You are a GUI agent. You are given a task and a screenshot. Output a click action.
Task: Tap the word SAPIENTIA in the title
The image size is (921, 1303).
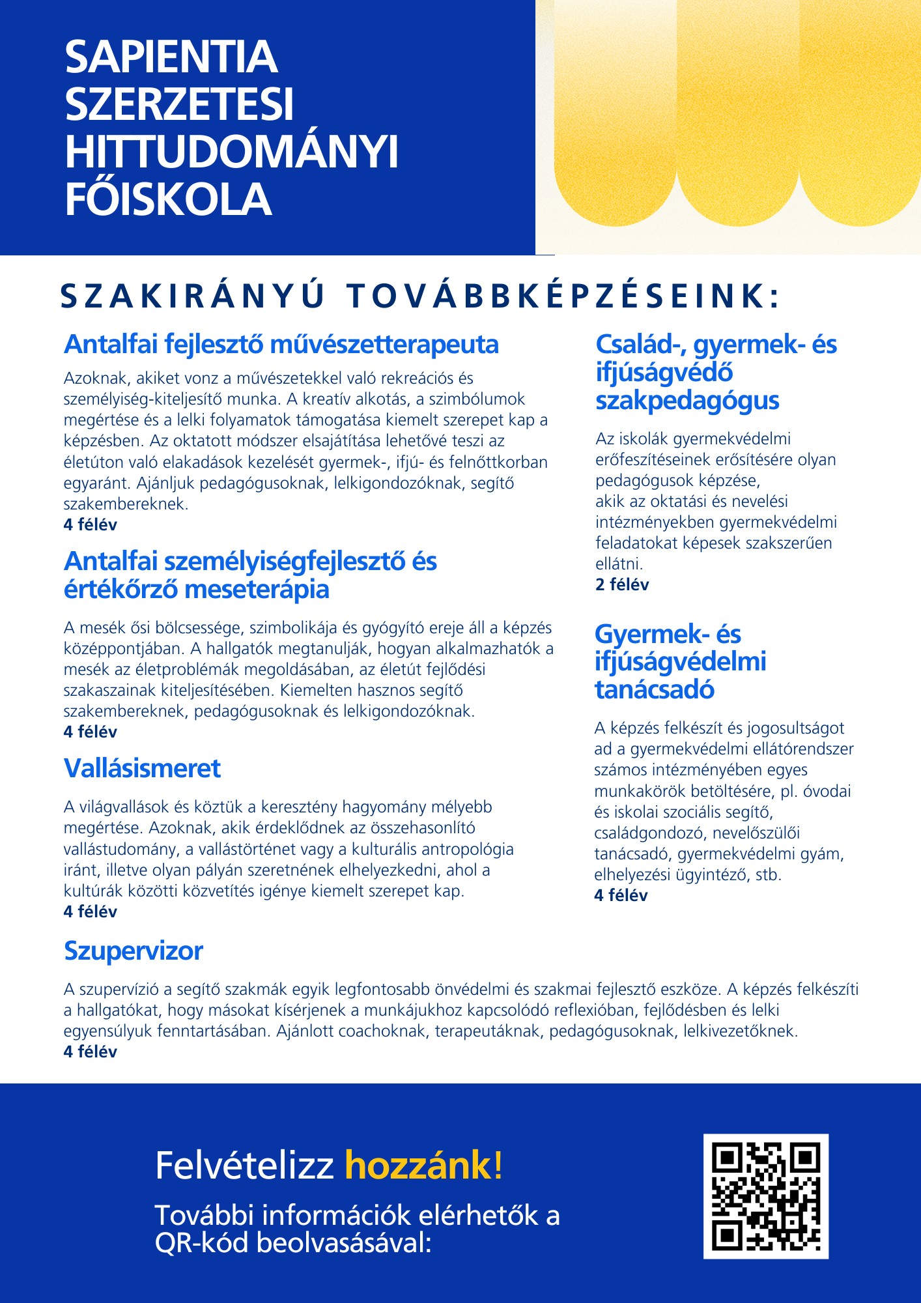(171, 57)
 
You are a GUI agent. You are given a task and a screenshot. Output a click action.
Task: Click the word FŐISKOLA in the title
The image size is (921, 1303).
(168, 199)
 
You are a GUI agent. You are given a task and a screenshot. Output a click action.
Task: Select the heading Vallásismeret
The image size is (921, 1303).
(142, 768)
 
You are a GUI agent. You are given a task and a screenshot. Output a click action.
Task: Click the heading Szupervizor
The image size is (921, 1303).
(134, 951)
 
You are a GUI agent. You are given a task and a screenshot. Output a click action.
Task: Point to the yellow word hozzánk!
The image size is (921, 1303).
(423, 1166)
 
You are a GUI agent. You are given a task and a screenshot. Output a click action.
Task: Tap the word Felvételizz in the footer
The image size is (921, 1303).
(244, 1166)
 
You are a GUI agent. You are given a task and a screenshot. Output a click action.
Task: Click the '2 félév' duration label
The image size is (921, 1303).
(622, 584)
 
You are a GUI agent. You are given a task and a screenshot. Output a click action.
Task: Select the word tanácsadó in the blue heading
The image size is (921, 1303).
(654, 689)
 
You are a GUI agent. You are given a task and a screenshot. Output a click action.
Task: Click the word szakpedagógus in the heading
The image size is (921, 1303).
(687, 400)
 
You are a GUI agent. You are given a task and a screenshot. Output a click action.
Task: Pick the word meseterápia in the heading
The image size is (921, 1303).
(257, 589)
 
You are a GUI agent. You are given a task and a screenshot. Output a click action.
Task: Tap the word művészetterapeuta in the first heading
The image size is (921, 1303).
(384, 344)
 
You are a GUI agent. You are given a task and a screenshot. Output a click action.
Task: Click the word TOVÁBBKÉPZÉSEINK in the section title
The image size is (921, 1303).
(563, 296)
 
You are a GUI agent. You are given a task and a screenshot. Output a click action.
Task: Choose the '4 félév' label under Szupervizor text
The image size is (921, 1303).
(91, 1052)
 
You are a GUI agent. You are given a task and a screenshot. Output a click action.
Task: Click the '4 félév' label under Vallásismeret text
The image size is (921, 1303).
(91, 911)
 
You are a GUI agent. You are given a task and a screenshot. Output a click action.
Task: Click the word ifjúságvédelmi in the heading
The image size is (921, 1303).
(680, 661)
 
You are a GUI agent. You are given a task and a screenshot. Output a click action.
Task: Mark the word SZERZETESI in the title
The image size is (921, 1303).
(179, 104)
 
